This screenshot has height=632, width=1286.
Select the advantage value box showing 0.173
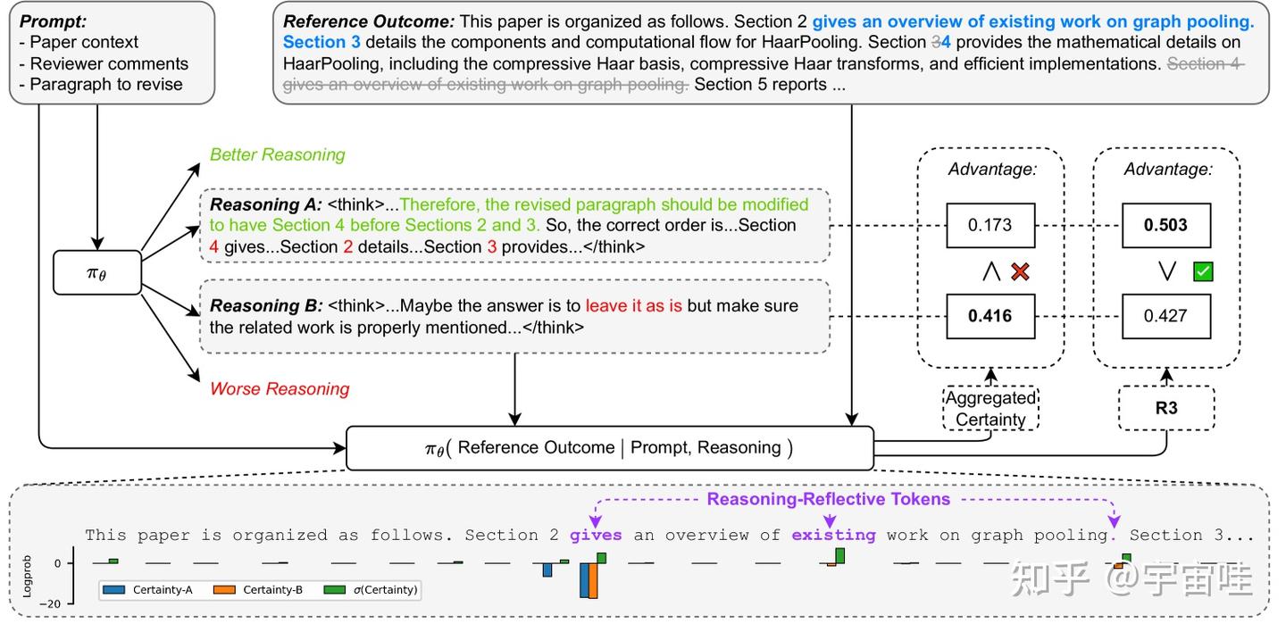pos(990,225)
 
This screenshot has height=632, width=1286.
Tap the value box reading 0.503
pos(1166,225)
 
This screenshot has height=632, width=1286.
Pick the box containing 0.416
pos(990,316)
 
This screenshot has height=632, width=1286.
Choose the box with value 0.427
pos(1166,316)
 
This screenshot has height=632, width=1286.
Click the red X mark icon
pos(1020,271)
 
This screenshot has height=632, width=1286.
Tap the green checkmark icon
pos(1203,271)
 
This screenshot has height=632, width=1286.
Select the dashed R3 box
pos(1166,408)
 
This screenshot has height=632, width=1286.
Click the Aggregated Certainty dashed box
pos(990,408)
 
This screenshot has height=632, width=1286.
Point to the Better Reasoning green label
pos(277,155)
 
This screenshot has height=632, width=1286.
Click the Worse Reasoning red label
pos(279,388)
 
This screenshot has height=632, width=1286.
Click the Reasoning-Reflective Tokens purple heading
pos(828,499)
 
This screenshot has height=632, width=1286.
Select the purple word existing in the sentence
pos(833,536)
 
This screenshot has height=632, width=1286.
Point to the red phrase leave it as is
pos(633,306)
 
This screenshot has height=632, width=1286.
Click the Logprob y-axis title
pos(27,578)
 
